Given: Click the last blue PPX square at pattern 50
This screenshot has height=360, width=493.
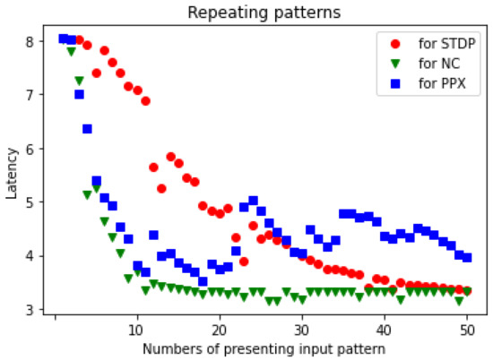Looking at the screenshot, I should pos(467,257).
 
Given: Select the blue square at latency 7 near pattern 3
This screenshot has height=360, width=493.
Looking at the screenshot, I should pos(79,94).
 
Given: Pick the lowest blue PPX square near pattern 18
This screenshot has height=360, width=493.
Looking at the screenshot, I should pos(203,281).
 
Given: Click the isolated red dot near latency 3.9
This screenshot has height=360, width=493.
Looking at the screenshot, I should pos(244,261).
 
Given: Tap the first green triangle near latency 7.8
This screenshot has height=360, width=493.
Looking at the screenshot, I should pos(71,52).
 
